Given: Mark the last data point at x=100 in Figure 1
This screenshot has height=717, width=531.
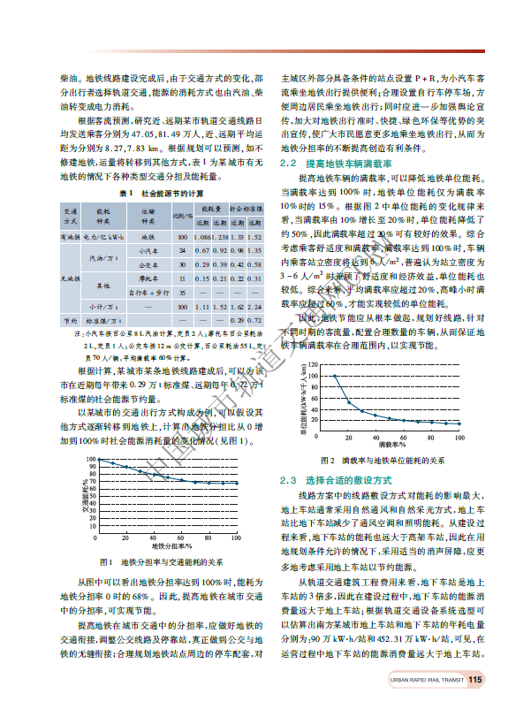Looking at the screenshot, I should [x=236, y=483].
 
